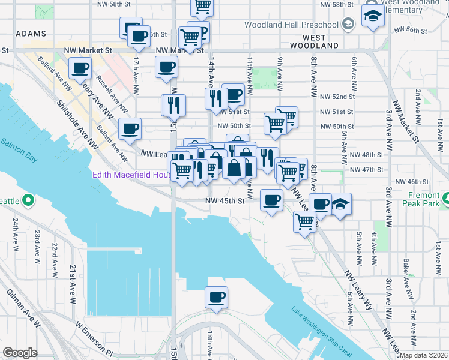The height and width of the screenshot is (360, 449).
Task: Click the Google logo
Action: [20, 353]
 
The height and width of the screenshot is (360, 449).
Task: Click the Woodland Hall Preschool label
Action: [292, 25]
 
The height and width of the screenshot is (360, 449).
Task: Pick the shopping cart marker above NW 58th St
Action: [202, 6]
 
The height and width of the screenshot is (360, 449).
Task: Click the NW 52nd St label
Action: [337, 97]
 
